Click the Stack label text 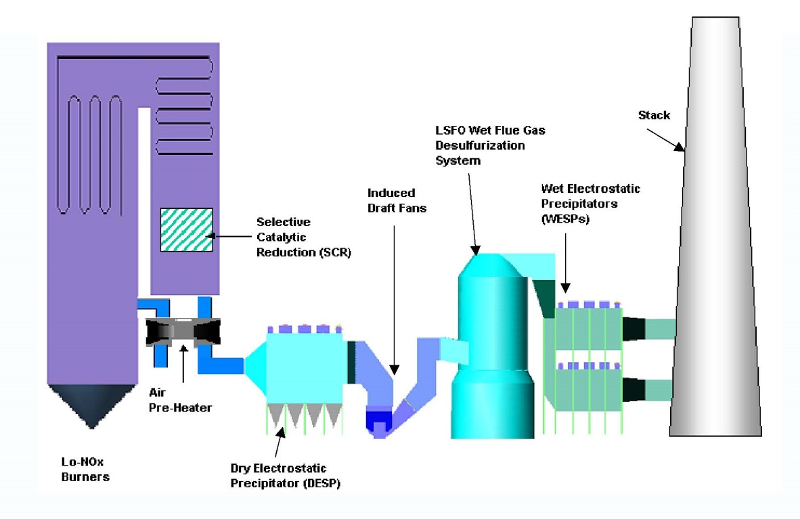[x=654, y=115]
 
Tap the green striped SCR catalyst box [x=186, y=230]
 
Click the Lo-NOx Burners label [x=83, y=470]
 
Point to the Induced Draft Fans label [x=397, y=200]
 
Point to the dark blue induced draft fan [x=378, y=419]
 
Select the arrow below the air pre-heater [x=182, y=366]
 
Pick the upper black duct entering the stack [x=634, y=329]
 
